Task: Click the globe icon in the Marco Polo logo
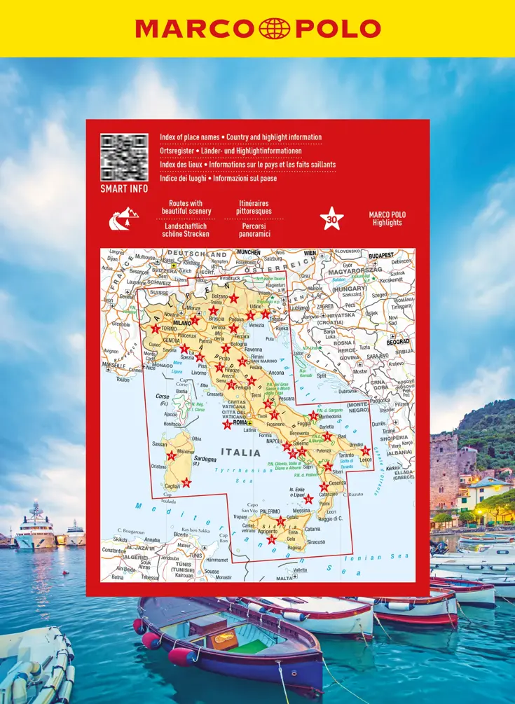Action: click(x=274, y=29)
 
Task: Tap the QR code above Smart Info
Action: click(x=124, y=158)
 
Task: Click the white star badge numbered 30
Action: click(x=331, y=219)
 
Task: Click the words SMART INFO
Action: click(x=124, y=189)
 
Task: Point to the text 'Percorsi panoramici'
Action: click(x=253, y=230)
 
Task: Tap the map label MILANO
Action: click(x=182, y=324)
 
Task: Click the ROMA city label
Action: click(x=240, y=422)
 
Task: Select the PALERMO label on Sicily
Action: click(x=270, y=511)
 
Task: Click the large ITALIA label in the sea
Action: click(x=240, y=453)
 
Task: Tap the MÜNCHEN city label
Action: click(x=248, y=252)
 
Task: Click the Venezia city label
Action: click(x=256, y=325)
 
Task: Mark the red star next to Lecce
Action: click(x=365, y=450)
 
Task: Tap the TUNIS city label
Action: click(x=195, y=555)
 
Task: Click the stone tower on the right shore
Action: click(x=444, y=469)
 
